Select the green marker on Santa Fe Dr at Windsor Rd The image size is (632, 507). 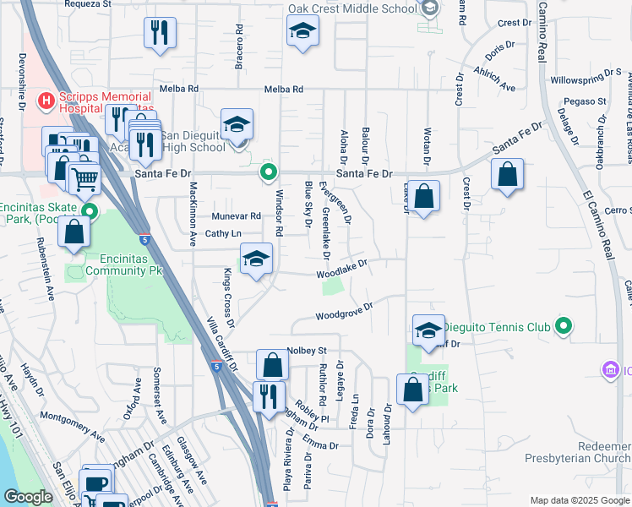tap(269, 172)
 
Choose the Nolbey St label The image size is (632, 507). tap(307, 350)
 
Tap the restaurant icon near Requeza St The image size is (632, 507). tap(160, 32)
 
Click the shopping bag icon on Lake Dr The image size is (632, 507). tap(426, 197)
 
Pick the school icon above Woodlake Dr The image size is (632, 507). tap(256, 259)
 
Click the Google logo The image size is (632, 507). tap(28, 497)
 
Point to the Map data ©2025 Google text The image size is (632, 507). tap(579, 500)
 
